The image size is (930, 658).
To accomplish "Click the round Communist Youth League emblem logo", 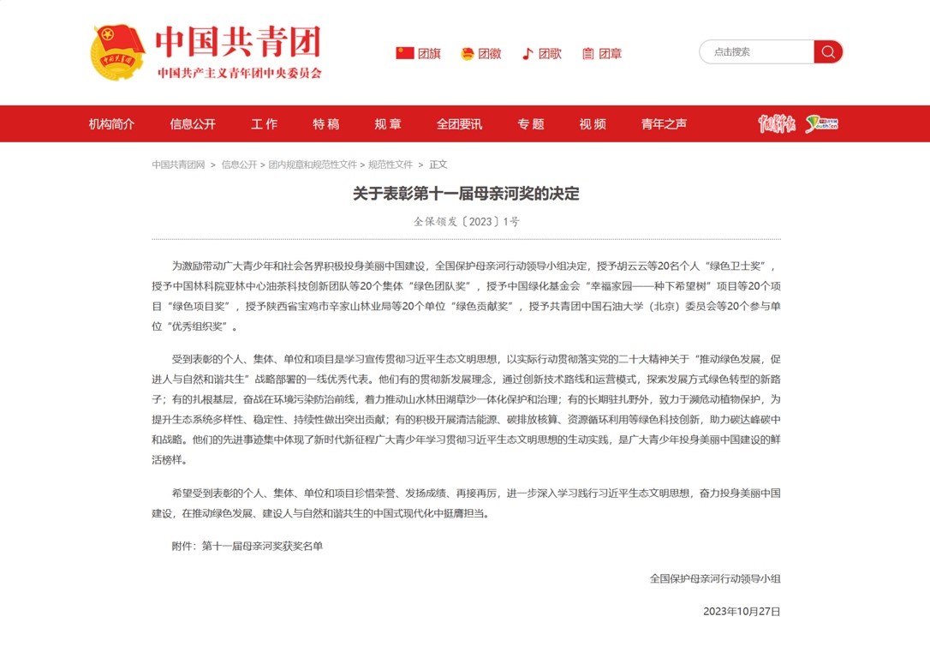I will click(118, 53).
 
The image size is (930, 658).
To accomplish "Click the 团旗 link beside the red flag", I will click(429, 53).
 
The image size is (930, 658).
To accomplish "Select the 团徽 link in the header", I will click(489, 53).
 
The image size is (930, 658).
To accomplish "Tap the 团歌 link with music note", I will click(550, 53).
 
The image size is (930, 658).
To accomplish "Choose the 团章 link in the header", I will click(610, 53).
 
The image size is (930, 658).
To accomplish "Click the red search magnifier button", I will click(828, 52).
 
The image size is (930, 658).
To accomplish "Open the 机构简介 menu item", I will click(111, 123).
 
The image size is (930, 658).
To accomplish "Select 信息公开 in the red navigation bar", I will click(193, 123).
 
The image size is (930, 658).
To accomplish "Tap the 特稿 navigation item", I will click(325, 123).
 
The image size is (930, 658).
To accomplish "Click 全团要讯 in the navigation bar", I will click(459, 123).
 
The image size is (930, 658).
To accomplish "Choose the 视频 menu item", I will click(593, 123).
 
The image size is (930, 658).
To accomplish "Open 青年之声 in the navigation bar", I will click(664, 123).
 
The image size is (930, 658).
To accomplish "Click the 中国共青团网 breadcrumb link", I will click(179, 164).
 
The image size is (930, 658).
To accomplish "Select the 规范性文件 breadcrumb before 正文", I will click(390, 164).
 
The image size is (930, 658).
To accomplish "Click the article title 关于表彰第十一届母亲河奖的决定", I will click(466, 194).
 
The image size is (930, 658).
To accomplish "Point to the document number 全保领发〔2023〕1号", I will click(466, 221).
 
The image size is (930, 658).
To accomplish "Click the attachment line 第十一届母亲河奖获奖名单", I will click(262, 545).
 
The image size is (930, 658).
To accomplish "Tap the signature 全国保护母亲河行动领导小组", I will click(715, 578).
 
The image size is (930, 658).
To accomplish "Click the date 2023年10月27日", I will click(742, 612).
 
